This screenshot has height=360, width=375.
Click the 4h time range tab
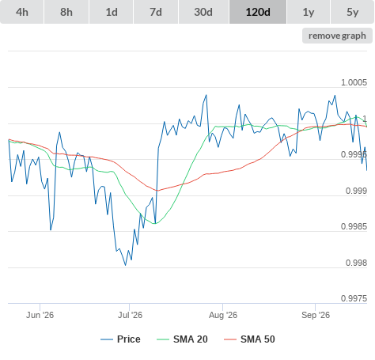pos(22,12)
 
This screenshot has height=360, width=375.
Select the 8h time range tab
pos(66,12)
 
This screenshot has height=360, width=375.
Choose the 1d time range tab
pos(112,12)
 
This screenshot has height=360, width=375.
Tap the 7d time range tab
pos(156,12)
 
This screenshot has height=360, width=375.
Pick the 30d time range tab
pos(203,12)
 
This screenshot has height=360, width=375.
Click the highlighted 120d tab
pos(258,12)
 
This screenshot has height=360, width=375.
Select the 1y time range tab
pos(309,12)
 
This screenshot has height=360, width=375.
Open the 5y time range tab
pos(353,12)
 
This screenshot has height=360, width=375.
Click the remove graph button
pos(337,36)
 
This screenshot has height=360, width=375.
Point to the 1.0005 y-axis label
pos(354,82)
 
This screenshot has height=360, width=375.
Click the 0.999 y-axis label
pos(356,191)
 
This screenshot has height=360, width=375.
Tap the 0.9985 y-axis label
pos(354,226)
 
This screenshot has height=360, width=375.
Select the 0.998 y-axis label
pos(356,263)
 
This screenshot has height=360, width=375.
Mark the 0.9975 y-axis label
pos(354,298)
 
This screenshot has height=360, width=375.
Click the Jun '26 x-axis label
pos(40,315)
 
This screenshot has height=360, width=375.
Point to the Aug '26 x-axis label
pos(223,315)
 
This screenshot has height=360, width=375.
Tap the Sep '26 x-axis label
pos(316,315)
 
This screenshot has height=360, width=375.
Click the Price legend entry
pos(120,339)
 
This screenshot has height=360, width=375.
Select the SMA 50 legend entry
pos(249,339)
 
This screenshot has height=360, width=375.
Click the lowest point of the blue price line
pos(125,265)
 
